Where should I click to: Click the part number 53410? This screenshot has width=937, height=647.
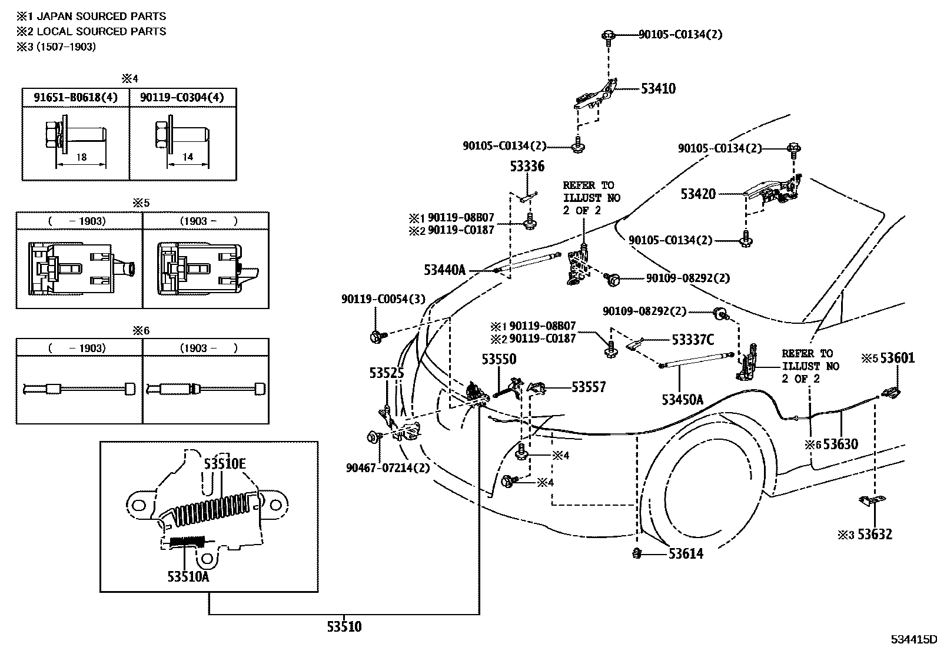[x=658, y=89]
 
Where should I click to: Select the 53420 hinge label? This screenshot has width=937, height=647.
[x=698, y=194]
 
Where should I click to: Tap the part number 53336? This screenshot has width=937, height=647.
[x=527, y=167]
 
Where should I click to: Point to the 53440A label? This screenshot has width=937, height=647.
[x=444, y=270]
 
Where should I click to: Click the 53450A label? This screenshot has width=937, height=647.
[x=682, y=400]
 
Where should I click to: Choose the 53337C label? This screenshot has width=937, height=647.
[x=693, y=340]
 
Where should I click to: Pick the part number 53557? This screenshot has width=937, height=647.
[x=589, y=387]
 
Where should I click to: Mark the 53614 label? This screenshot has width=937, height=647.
[x=686, y=554]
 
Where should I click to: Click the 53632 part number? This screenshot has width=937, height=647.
[x=875, y=534]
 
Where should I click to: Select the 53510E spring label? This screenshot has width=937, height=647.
[x=225, y=464]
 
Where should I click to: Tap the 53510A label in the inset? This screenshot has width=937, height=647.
[x=188, y=576]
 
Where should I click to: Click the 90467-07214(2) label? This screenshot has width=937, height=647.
[x=387, y=468]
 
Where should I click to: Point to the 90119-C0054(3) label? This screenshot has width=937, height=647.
[x=383, y=299]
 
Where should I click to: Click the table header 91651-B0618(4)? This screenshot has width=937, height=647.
[x=75, y=97]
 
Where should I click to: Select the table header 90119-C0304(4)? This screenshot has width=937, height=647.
[x=182, y=97]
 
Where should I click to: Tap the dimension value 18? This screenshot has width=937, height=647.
[x=81, y=157]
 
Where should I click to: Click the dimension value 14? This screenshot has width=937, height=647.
[x=188, y=157]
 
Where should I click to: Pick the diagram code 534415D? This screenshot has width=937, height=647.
[x=912, y=639]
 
